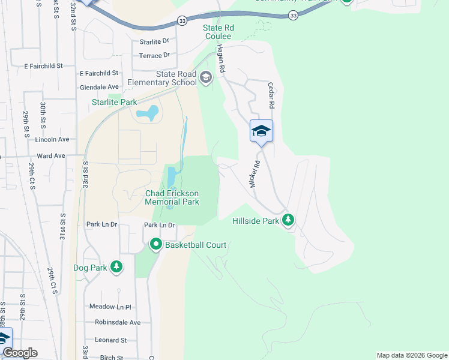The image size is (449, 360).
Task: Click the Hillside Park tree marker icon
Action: [289, 220]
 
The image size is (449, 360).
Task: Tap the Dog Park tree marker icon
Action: [116, 267]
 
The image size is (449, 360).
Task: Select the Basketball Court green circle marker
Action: [156, 244]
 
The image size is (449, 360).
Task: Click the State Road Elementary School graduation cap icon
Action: [206, 77]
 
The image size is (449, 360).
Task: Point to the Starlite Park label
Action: [114, 103]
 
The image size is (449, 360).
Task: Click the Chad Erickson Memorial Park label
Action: [172, 197]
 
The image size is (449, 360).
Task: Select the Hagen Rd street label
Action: [221, 59]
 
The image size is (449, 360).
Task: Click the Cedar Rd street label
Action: [271, 95]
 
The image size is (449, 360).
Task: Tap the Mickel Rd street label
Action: [256, 174]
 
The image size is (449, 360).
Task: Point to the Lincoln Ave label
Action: [52, 139]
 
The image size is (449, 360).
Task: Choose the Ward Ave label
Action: [50, 155]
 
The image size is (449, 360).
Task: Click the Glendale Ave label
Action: [99, 87]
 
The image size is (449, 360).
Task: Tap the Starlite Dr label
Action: [154, 42]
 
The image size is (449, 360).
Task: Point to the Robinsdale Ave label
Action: [117, 322]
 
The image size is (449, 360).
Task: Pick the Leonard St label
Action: [110, 340]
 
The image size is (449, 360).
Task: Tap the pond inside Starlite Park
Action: [148, 113]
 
